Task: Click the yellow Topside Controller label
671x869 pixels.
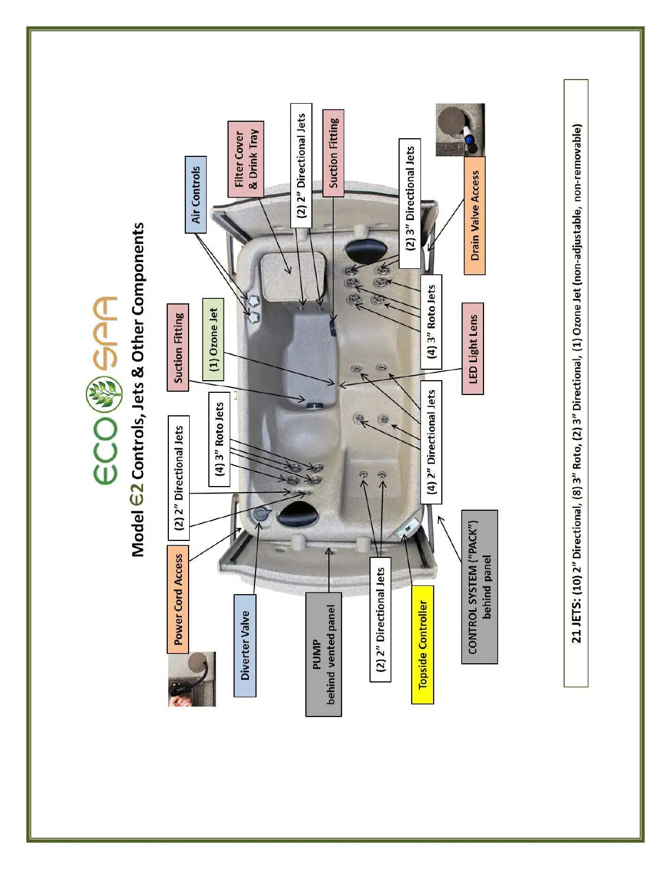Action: point(422,645)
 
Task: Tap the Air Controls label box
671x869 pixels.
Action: point(196,194)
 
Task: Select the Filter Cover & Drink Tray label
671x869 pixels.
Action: point(246,159)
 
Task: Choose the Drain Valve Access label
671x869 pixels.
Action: point(475,215)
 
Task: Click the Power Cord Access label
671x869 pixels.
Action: point(178,599)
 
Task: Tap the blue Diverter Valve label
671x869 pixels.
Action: point(244,645)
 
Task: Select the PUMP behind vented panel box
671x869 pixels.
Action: point(323,654)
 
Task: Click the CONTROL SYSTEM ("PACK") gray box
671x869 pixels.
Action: point(479,586)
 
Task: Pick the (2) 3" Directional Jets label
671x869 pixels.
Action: point(410,203)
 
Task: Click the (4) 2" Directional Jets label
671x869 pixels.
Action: point(431,442)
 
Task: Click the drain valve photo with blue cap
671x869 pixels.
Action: point(460,129)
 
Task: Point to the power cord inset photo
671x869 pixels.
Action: point(192,679)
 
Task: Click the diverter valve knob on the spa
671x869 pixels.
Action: point(262,514)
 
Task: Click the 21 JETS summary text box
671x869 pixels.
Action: point(576,383)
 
